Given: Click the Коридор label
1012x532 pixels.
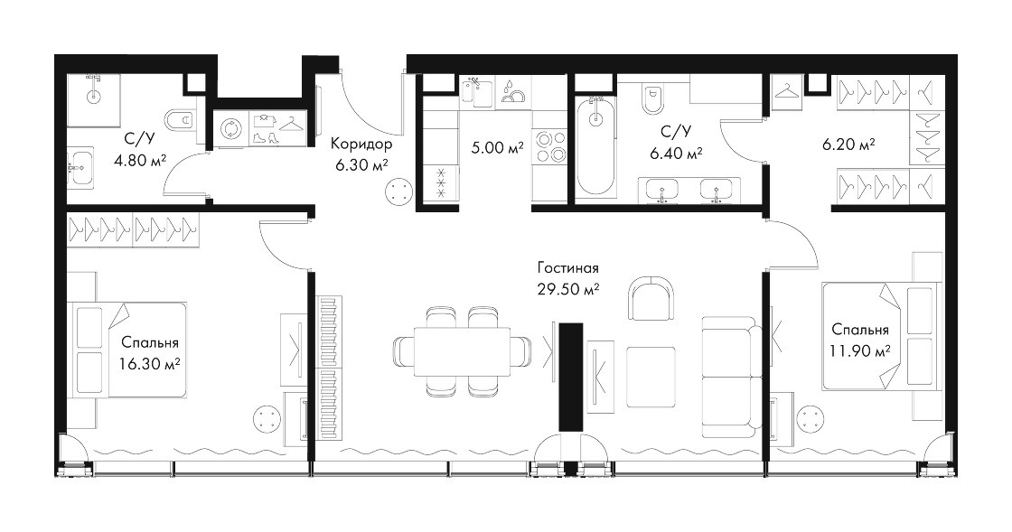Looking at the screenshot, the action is point(361,143).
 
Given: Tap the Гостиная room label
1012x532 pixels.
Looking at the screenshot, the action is point(568,267).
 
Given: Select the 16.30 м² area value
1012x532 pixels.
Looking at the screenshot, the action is point(149,364).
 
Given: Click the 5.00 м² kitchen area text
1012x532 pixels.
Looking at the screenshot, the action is point(497,147).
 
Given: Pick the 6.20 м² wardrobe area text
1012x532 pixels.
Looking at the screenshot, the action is point(848,144).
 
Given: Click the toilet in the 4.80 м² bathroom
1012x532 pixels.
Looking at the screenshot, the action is point(181,120).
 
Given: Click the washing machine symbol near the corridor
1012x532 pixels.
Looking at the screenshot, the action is point(230,129).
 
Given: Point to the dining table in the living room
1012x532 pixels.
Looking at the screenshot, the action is point(461,351).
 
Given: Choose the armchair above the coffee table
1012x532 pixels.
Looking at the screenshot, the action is point(651,297).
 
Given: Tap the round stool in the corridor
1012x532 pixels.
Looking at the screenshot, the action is point(398,192).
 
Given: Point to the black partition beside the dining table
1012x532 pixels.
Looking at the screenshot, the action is point(570,377).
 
